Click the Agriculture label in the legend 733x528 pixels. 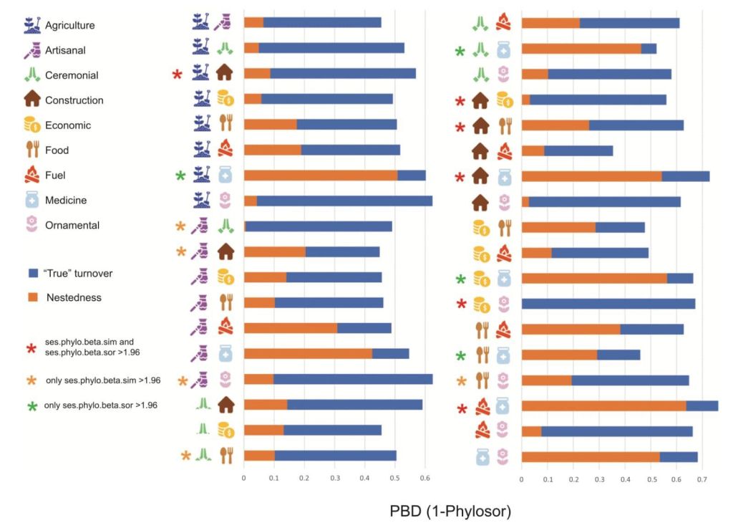click(69, 25)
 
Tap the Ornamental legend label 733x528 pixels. click(72, 225)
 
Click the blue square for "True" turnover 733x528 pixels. click(31, 273)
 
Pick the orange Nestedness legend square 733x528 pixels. click(31, 296)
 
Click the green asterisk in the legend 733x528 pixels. click(31, 406)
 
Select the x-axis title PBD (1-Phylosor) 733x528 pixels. click(450, 512)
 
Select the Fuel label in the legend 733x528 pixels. click(57, 175)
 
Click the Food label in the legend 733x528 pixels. click(57, 150)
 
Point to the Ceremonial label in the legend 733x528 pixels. click(71, 75)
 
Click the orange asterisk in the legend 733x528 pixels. click(31, 380)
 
